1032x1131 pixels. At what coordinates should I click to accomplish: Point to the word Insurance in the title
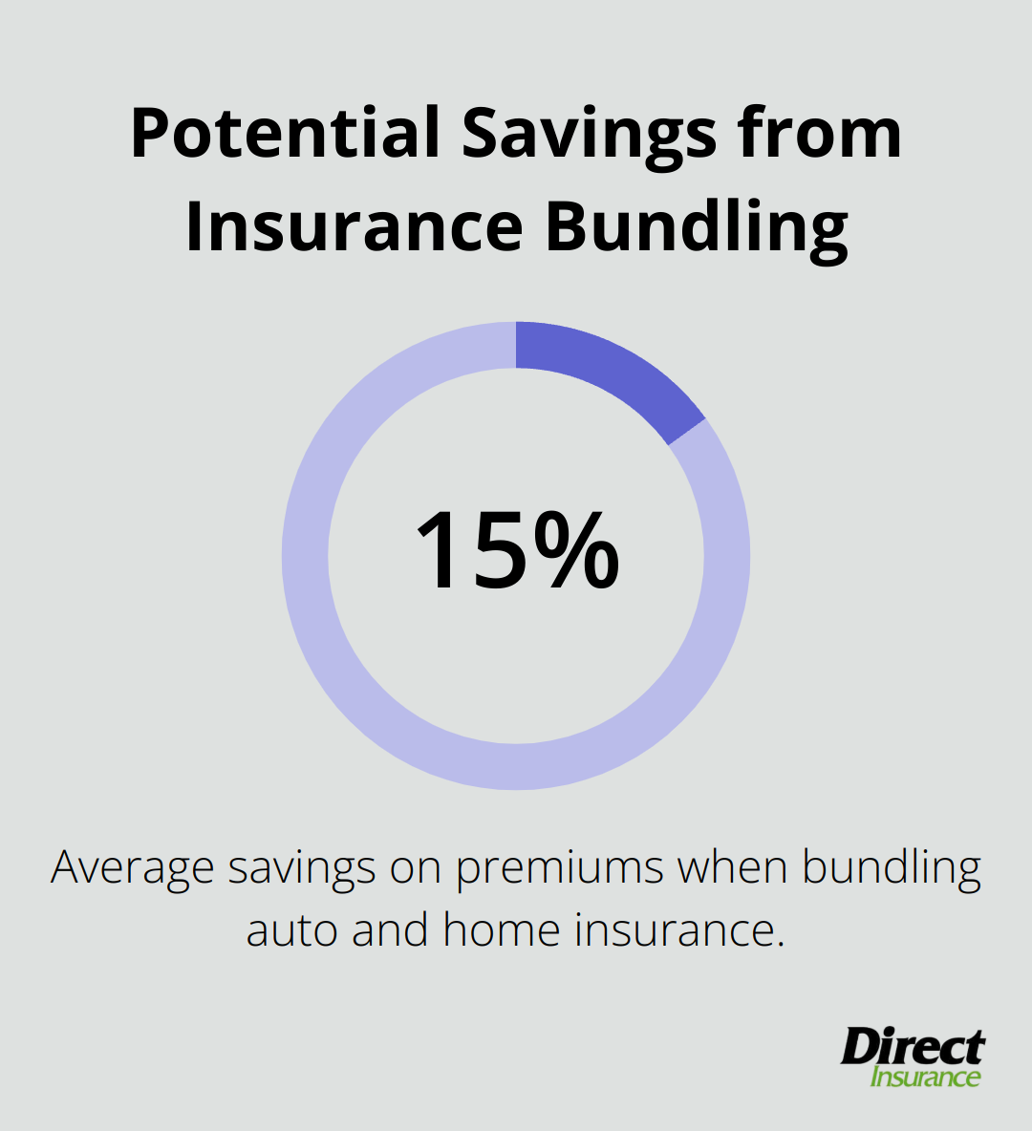[354, 227]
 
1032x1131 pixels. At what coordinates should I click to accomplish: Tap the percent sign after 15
[576, 551]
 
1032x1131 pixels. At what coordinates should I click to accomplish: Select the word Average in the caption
[132, 868]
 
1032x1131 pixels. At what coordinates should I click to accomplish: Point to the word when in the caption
[732, 867]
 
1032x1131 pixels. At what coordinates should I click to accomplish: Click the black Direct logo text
[913, 1048]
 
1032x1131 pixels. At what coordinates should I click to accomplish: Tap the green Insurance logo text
[925, 1078]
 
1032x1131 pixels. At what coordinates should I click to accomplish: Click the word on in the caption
[415, 868]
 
